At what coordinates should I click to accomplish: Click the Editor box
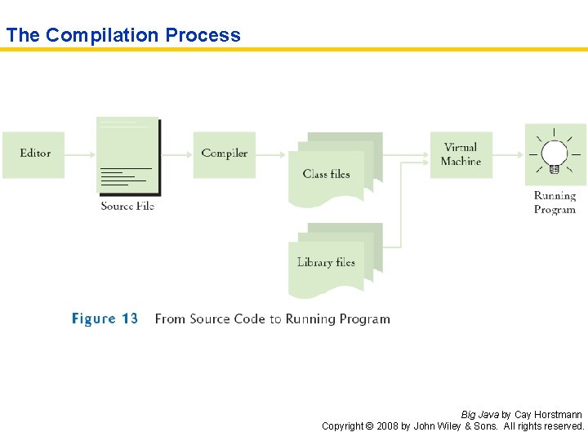click(33, 154)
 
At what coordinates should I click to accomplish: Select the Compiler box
click(225, 154)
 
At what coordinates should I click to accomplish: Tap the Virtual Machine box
click(461, 154)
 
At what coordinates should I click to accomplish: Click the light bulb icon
click(555, 154)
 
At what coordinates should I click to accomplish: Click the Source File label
click(127, 206)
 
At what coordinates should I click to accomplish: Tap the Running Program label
click(555, 203)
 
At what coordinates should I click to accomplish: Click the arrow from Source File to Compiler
click(176, 154)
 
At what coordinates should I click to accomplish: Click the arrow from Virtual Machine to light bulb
click(508, 154)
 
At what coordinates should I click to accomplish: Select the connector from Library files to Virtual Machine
click(400, 212)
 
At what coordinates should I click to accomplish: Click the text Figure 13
click(105, 318)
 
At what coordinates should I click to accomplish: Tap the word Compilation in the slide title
click(102, 35)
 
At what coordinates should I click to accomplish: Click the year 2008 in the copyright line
click(386, 426)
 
